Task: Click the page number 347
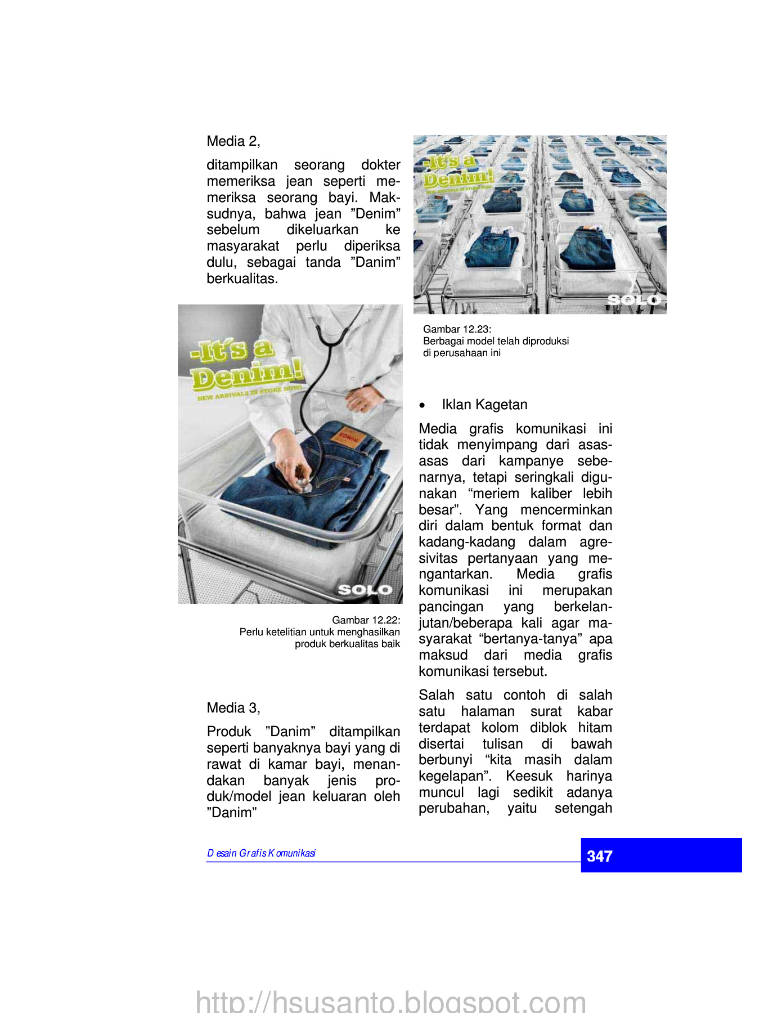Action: click(599, 856)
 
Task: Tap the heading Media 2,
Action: click(233, 141)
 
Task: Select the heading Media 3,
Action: click(233, 708)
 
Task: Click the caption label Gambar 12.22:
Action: click(366, 620)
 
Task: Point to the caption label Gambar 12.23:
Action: click(457, 329)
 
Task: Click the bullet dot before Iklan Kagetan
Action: click(423, 406)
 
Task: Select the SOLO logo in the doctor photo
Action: click(365, 589)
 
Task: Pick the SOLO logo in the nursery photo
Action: click(634, 300)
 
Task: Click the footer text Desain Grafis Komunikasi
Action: click(261, 853)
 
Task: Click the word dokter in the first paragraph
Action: click(380, 165)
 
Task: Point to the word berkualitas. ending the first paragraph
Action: click(242, 279)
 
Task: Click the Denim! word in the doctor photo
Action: click(248, 374)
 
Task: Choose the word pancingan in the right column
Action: click(451, 607)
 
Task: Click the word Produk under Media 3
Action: click(229, 732)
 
